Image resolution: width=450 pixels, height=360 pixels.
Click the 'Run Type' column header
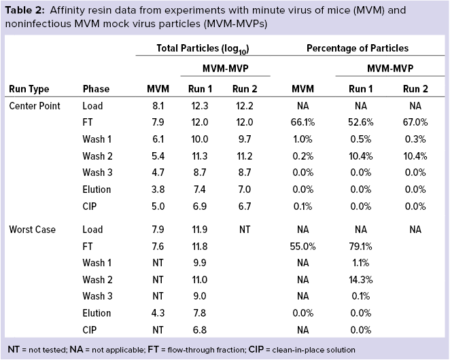(29, 89)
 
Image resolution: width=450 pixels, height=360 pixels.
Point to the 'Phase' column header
(96, 89)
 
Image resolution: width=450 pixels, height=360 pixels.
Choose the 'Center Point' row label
(35, 106)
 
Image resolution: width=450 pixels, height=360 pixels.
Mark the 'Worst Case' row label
(32, 229)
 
